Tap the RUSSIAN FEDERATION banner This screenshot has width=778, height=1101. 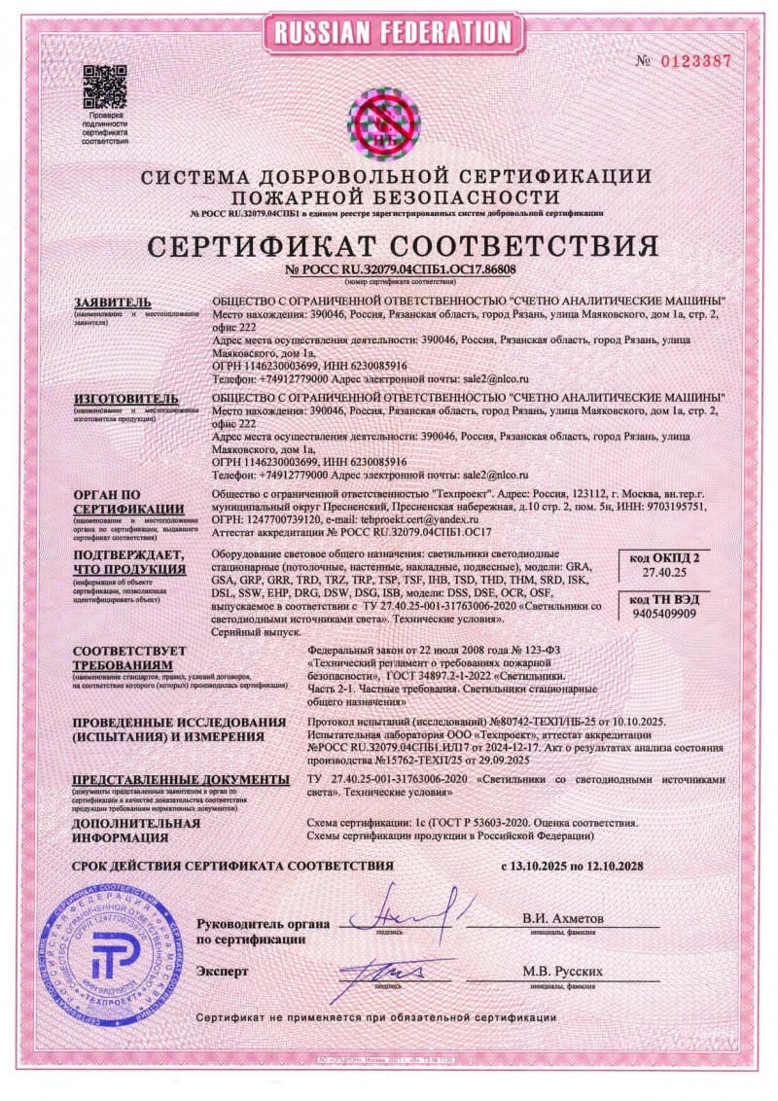tap(388, 32)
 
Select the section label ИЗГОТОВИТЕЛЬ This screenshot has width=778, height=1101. tap(125, 399)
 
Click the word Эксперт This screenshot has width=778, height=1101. tap(223, 971)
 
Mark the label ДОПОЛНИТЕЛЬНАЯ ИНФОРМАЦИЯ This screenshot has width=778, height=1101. tap(136, 830)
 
